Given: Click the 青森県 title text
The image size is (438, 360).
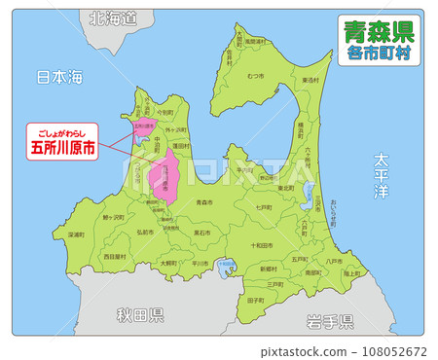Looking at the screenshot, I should point(379,32).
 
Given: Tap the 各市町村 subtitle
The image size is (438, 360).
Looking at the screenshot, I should point(379,55).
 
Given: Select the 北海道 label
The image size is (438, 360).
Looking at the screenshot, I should point(112,18).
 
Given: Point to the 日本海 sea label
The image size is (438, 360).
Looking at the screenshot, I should point(59,76).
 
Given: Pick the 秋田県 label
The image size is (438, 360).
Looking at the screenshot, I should point(140,315).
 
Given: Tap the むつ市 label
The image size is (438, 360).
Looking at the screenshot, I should point(256,75).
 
